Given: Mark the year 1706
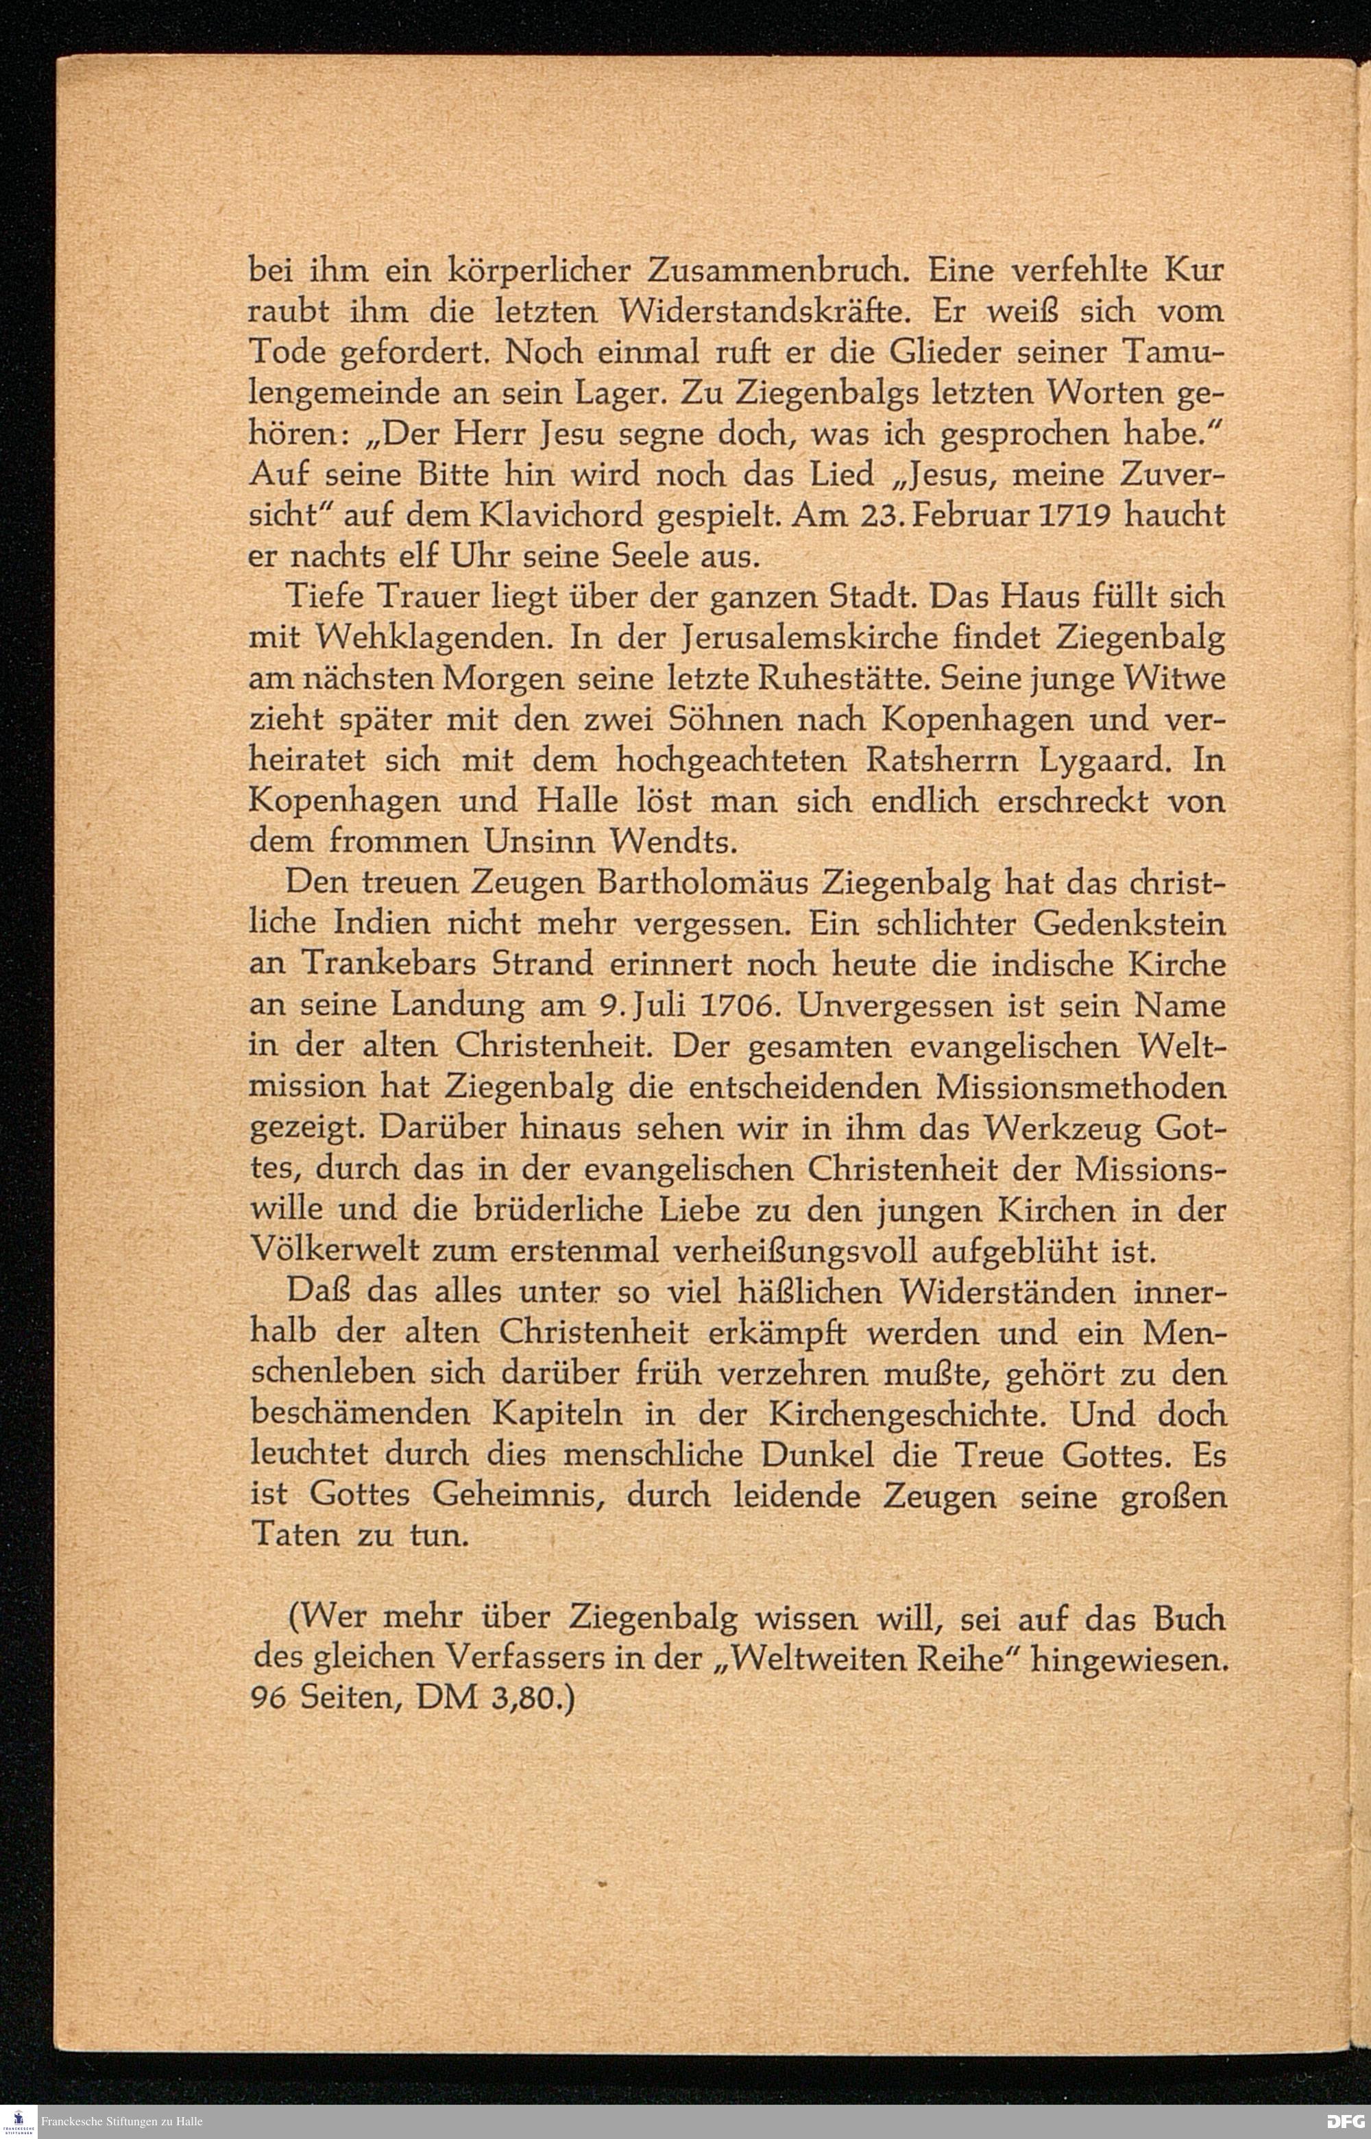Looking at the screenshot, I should coord(741,1006).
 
